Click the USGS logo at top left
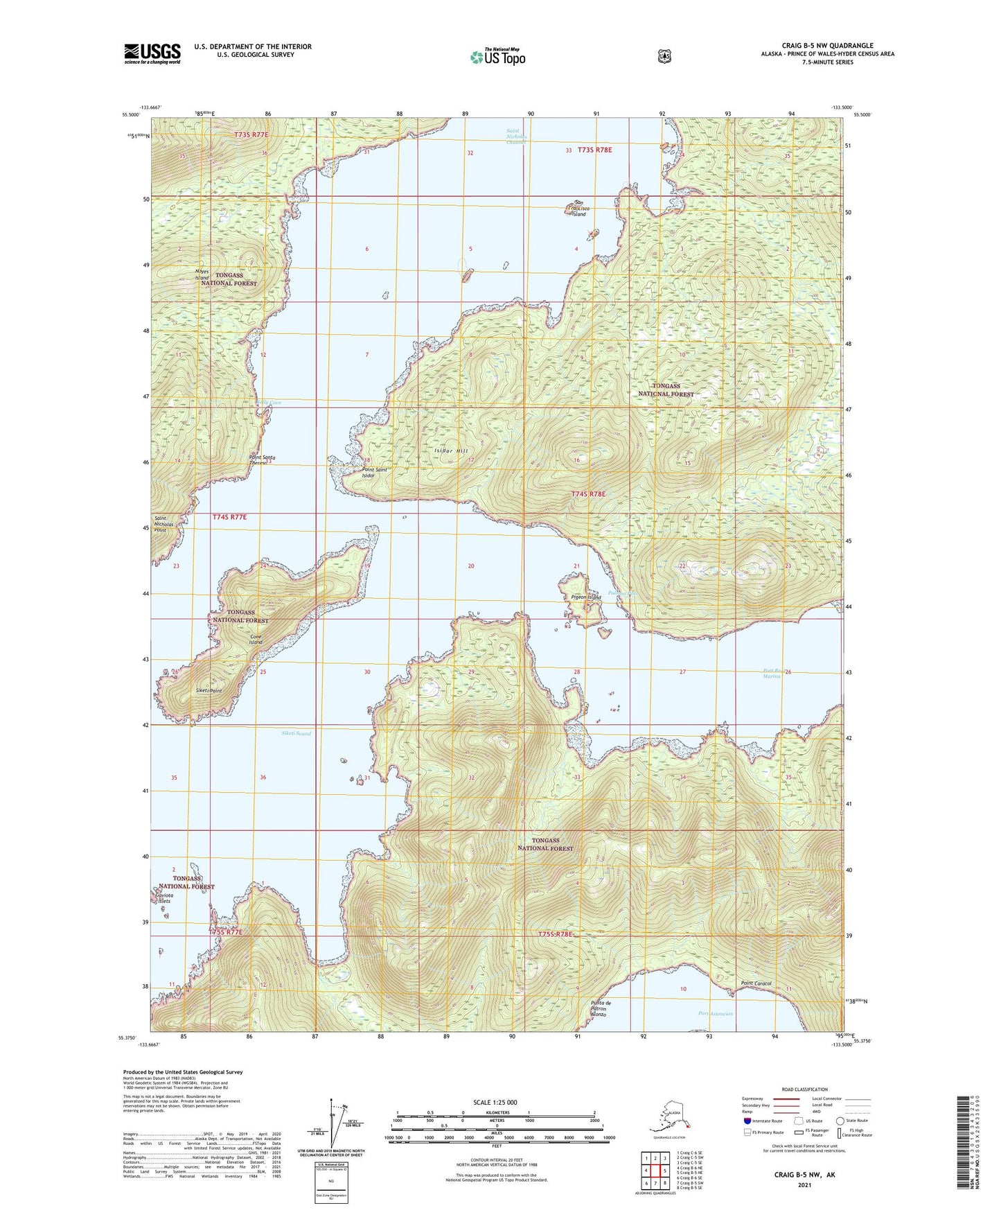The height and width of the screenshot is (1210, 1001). pyautogui.click(x=152, y=53)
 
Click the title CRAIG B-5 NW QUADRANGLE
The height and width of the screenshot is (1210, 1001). pyautogui.click(x=827, y=46)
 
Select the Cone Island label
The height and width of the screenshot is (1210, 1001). pyautogui.click(x=256, y=639)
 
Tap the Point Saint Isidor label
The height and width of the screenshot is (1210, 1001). pyautogui.click(x=374, y=473)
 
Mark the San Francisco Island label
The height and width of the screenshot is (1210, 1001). pyautogui.click(x=575, y=208)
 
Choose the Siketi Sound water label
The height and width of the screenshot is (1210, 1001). pyautogui.click(x=296, y=733)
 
